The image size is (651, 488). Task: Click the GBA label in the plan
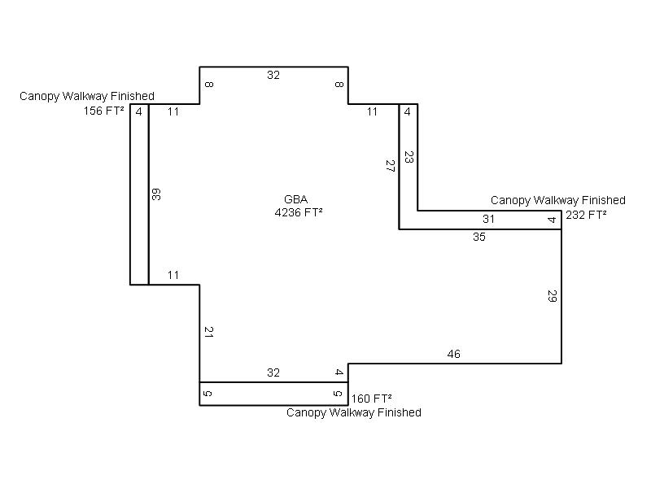click(295, 200)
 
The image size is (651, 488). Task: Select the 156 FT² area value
click(104, 112)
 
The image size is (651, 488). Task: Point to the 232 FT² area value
click(586, 216)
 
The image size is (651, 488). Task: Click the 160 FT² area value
click(372, 399)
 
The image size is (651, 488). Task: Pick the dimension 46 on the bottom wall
click(454, 355)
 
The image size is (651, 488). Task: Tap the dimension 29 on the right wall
click(552, 296)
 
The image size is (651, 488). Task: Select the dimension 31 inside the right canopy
click(488, 220)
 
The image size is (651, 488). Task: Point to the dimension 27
click(390, 167)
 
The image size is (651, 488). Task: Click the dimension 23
click(409, 158)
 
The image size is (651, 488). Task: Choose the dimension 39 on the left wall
click(155, 194)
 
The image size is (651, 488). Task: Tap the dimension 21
click(208, 332)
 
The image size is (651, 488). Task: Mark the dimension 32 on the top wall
click(273, 76)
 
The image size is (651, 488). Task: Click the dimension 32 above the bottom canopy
click(273, 373)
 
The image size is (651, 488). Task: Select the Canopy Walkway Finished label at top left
click(87, 97)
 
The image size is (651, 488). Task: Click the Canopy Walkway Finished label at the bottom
click(354, 413)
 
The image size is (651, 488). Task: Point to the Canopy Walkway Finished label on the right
click(558, 200)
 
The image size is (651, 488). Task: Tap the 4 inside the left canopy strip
click(139, 112)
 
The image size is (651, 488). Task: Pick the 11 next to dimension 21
click(173, 276)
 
